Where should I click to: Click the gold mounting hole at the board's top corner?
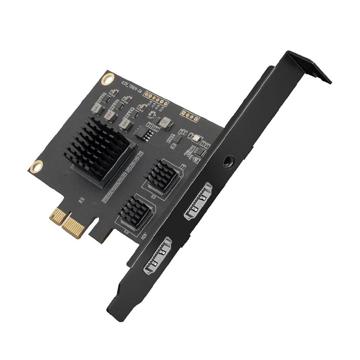[107, 79]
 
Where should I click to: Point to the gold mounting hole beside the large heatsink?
[36, 167]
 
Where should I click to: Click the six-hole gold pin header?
[157, 99]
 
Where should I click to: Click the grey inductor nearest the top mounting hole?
[96, 107]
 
